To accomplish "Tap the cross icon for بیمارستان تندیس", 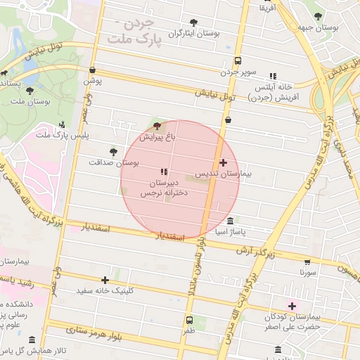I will [224, 162].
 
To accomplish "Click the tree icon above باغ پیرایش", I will [156, 126].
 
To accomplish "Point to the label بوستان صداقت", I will [114, 162].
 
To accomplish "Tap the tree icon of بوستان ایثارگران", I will [193, 22].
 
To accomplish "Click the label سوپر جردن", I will [238, 72].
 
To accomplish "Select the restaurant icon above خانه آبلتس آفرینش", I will [273, 76].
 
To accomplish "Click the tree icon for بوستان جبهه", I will [318, 15].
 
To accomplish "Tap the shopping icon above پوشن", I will [93, 70].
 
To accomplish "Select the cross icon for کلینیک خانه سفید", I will [105, 280].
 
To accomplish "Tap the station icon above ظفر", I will [189, 319].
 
